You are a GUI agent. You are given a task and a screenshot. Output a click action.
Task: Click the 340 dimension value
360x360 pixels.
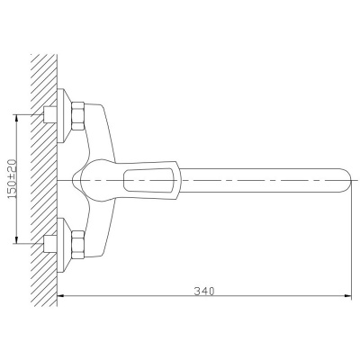(x=204, y=291)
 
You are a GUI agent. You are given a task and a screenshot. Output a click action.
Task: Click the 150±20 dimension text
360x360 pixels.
(x=13, y=178)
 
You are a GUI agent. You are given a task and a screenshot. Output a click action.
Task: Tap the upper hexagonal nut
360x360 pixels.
(x=78, y=116)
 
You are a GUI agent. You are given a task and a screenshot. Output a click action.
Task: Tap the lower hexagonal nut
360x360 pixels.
(x=78, y=245)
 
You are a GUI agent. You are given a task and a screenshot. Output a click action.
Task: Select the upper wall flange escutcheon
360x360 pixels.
(x=63, y=116)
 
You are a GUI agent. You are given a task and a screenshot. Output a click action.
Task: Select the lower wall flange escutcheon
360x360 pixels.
(x=63, y=245)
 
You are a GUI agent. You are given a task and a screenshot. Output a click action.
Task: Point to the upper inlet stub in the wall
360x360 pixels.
(x=50, y=114)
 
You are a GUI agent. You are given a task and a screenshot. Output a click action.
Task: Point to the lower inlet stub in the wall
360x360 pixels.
(x=50, y=243)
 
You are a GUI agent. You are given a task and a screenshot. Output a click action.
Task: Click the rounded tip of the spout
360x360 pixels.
(x=348, y=180)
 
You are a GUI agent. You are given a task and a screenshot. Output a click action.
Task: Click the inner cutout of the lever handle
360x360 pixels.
(x=149, y=180)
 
